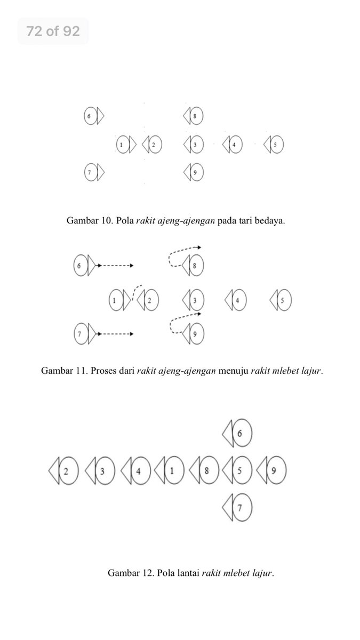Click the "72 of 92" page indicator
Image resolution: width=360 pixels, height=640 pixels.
53,31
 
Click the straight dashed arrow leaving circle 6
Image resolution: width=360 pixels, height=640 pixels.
116,265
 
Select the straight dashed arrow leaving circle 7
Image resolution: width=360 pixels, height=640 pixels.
116,334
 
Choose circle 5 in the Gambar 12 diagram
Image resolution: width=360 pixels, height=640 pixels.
240,471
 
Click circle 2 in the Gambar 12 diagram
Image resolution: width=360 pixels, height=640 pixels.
68,471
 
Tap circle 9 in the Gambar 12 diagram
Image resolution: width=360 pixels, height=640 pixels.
274,471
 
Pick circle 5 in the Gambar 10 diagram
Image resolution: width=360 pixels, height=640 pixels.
276,145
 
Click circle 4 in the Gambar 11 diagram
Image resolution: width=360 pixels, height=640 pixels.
238,300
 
